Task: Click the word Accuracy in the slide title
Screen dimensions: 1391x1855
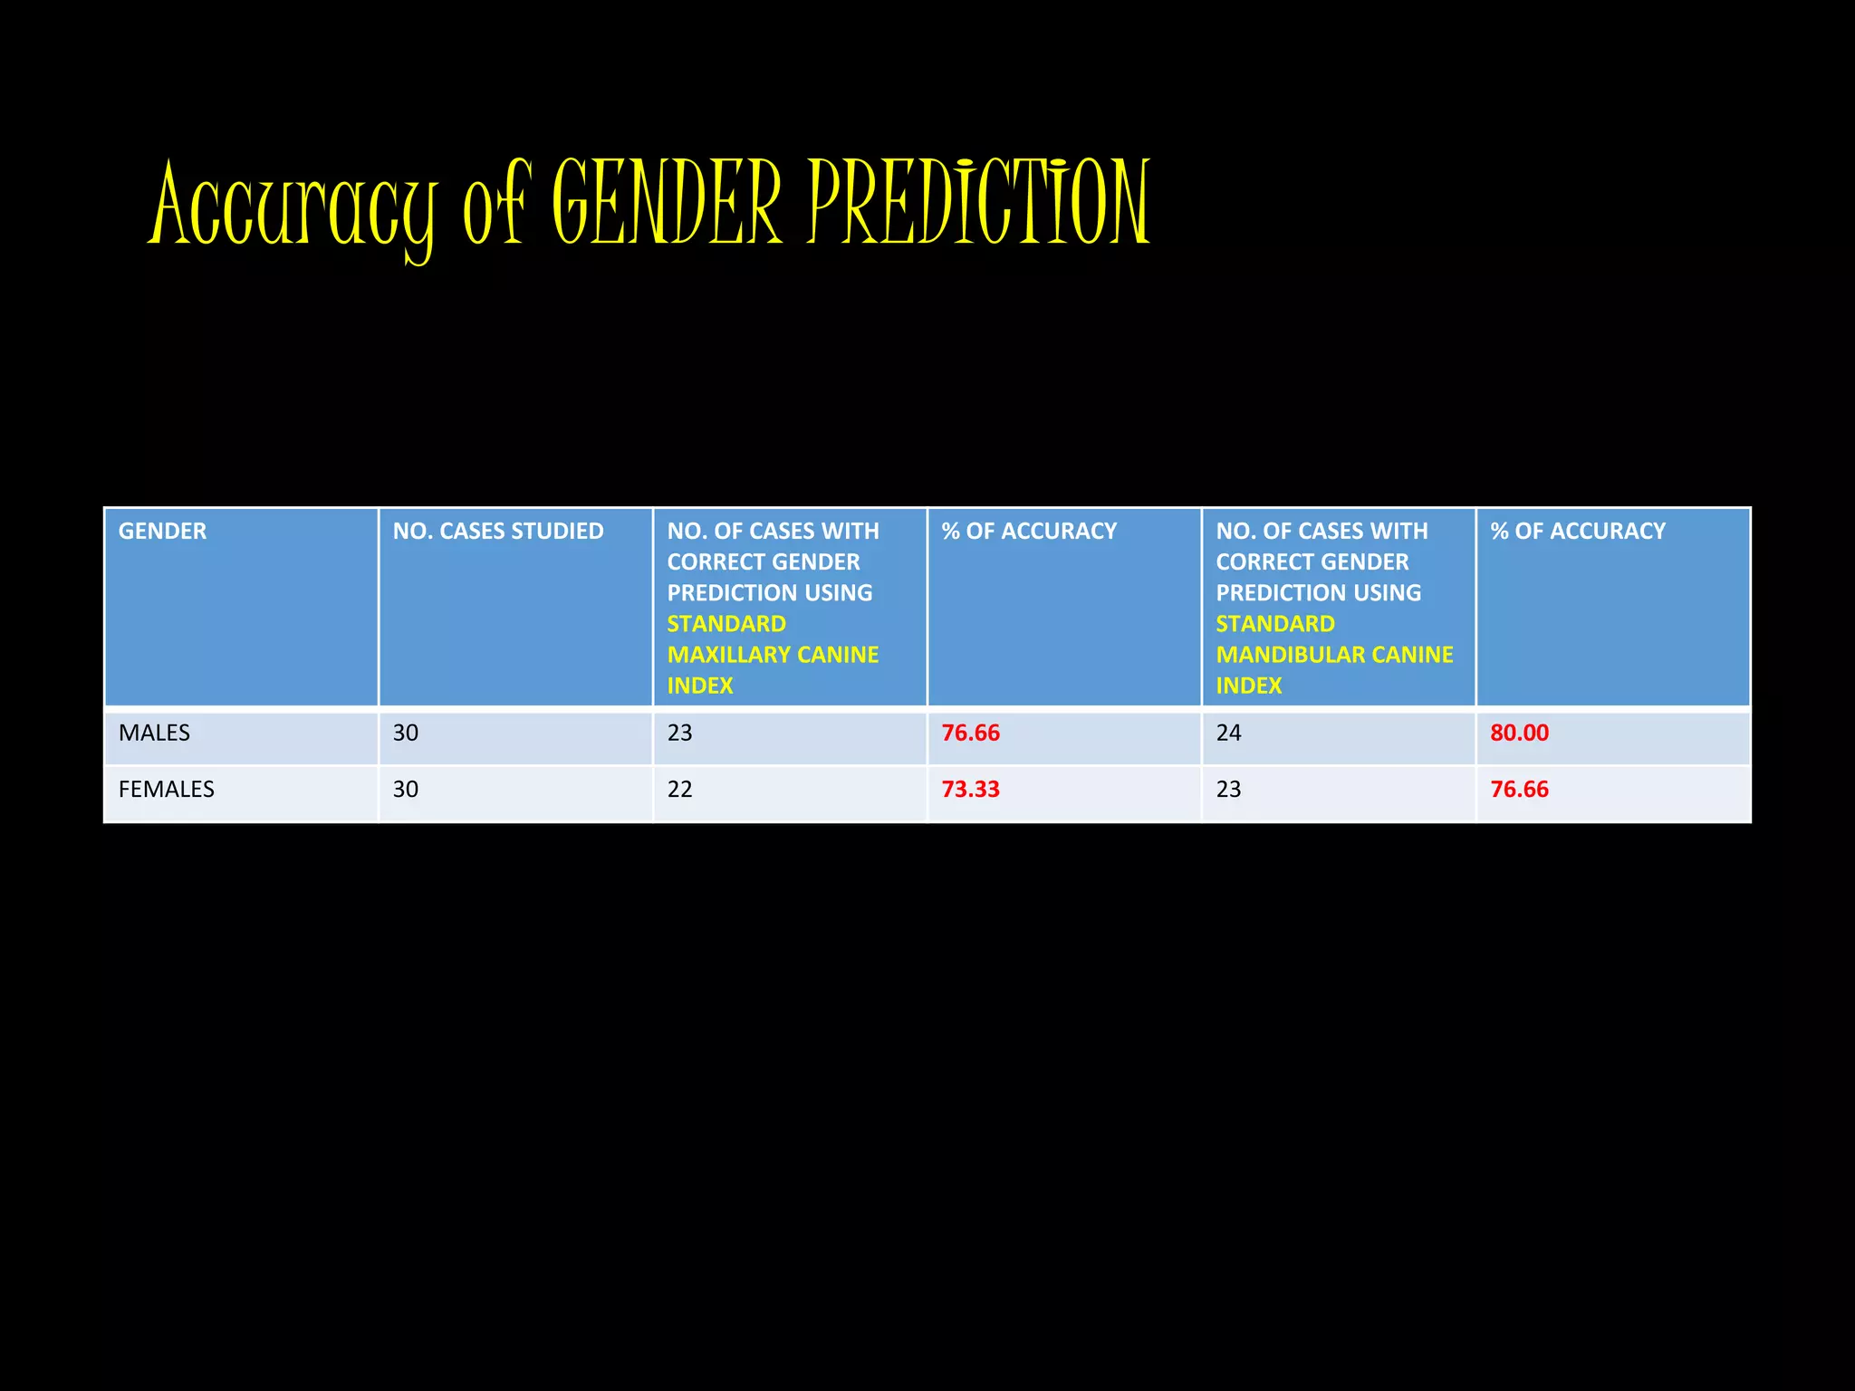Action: [x=292, y=206]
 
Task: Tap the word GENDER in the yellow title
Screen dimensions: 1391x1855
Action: [x=666, y=203]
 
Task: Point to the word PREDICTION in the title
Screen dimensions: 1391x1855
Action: [x=978, y=203]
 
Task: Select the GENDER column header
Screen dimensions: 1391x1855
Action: [x=163, y=532]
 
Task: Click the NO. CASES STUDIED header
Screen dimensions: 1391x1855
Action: [x=498, y=532]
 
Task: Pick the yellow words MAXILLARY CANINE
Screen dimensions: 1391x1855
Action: [x=773, y=655]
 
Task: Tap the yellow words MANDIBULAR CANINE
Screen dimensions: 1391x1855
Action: [x=1334, y=655]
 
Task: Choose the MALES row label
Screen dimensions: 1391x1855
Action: [x=155, y=733]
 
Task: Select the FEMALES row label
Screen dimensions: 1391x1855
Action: [x=167, y=789]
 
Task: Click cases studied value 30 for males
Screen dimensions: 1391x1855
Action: [x=406, y=733]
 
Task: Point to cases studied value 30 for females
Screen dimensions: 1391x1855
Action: [x=406, y=789]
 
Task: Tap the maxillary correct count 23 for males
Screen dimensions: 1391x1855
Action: [x=680, y=733]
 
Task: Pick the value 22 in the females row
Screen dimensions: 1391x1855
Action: [x=680, y=789]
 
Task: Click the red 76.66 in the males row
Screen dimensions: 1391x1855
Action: [x=971, y=733]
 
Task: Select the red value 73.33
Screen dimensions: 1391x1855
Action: [x=971, y=789]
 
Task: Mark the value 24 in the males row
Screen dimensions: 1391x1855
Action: [x=1229, y=733]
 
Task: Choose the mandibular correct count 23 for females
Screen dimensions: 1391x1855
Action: [x=1229, y=789]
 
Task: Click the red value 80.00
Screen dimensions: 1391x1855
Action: [x=1520, y=733]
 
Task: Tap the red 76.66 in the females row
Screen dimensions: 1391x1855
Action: [x=1520, y=789]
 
